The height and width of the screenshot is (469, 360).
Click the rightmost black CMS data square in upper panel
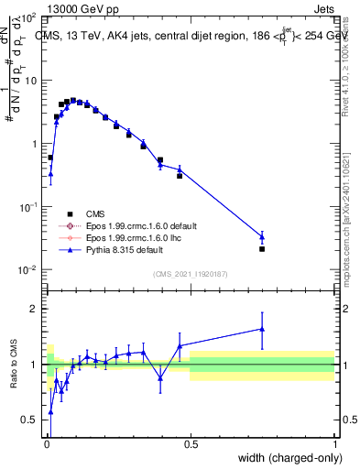[262, 248]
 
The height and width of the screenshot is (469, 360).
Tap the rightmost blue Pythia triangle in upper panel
[262, 236]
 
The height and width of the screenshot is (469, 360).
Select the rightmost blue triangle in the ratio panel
[262, 329]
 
